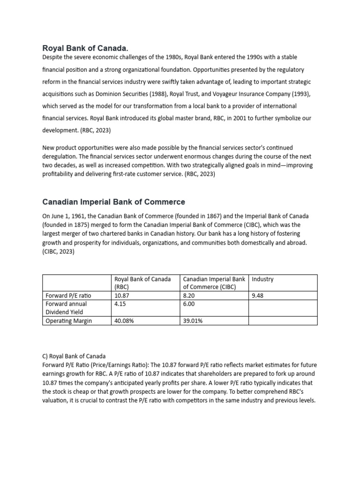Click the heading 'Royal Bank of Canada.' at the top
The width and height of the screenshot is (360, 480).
click(85, 48)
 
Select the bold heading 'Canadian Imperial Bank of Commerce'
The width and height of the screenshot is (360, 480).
click(113, 202)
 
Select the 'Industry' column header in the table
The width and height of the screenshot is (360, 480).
click(262, 279)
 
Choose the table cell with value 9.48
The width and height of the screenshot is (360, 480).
click(258, 296)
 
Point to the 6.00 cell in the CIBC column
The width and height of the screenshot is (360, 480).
click(189, 304)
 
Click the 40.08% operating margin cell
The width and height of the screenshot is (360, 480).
click(124, 321)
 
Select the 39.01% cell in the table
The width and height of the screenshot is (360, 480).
click(193, 321)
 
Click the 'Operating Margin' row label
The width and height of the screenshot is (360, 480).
click(68, 321)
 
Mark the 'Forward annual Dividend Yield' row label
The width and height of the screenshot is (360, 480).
click(66, 308)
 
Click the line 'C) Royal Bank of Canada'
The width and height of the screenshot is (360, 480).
click(74, 356)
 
